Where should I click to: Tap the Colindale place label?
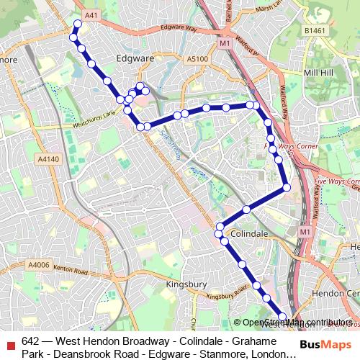tap(250, 234)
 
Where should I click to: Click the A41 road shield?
tap(91, 14)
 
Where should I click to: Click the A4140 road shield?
tap(49, 158)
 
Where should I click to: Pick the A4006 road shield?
tap(40, 265)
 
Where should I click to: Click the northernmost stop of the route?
tap(77, 24)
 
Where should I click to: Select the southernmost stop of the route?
tap(283, 317)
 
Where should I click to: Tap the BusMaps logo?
tap(322, 344)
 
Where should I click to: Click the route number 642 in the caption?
tap(31, 341)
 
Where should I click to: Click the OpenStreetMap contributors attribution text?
tap(297, 323)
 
